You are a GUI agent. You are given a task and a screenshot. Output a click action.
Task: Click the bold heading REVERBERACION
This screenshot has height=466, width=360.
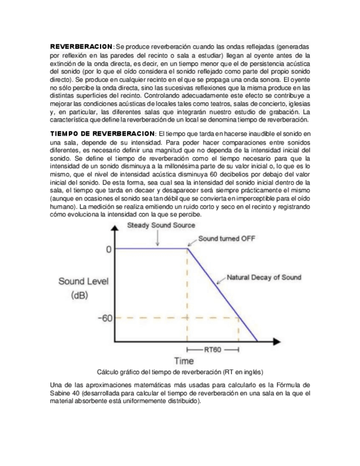(x=81, y=47)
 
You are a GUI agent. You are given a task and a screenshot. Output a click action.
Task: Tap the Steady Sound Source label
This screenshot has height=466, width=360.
(x=160, y=226)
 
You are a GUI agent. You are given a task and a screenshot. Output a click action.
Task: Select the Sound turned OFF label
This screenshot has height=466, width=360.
(x=225, y=239)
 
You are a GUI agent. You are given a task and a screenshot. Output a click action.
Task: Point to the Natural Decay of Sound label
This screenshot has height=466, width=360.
(x=264, y=278)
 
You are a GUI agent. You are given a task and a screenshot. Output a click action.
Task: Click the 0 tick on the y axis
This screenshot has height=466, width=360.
(x=108, y=249)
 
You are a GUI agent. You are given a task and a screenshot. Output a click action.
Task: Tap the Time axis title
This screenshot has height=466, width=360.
(x=184, y=361)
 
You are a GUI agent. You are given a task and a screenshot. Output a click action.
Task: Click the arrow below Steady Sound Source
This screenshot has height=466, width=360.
(x=157, y=238)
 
